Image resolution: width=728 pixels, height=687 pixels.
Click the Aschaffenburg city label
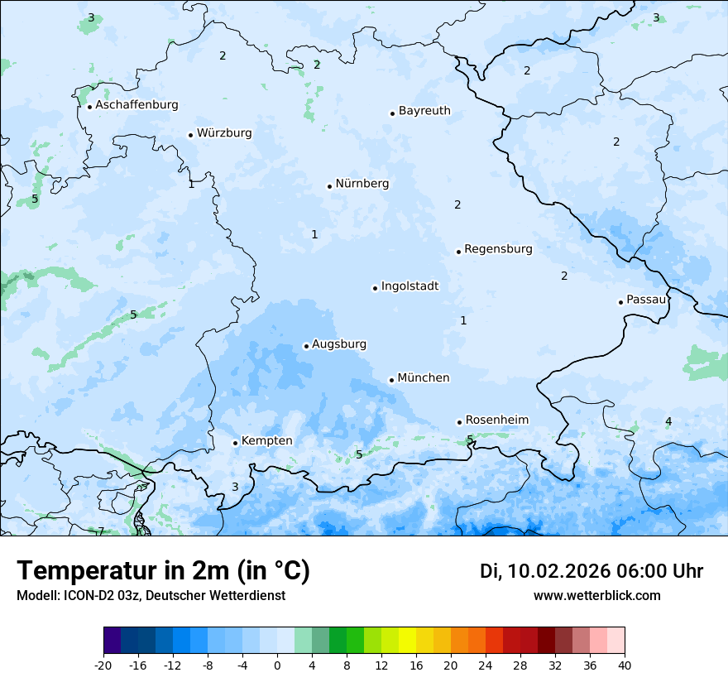coord(136,105)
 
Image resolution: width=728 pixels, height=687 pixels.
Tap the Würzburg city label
coord(224,133)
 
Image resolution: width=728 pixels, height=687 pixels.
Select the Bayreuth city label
coord(424,111)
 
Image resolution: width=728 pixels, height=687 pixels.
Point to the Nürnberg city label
coord(362,184)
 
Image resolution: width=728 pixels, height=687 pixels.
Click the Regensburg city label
coord(498,249)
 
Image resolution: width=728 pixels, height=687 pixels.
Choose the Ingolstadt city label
coord(409,286)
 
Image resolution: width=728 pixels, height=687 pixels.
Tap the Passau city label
coord(645,300)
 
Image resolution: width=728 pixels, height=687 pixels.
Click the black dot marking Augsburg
coord(306,346)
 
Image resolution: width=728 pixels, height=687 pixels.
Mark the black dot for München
coord(391,380)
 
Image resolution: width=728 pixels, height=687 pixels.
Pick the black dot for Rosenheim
coord(459,422)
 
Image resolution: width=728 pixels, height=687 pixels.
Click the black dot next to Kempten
coord(235,443)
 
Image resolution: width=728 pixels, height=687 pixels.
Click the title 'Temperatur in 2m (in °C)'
coord(163,571)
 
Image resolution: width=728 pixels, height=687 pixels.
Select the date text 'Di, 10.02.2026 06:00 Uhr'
coord(591,571)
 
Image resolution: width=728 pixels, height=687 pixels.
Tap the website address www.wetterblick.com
coord(596,596)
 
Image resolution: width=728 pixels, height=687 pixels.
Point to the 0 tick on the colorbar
coord(277,665)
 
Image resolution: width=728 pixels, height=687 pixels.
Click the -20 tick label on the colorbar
coord(103,665)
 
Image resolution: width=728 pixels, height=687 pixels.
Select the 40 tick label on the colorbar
coord(625,665)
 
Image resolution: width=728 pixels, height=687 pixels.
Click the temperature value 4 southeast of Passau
coord(668,422)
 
